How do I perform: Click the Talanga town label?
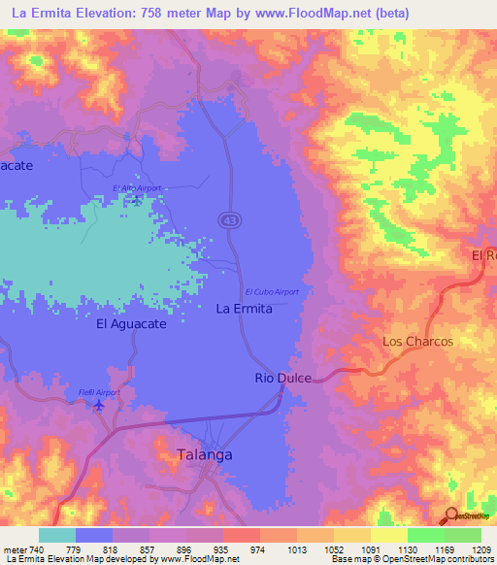205,453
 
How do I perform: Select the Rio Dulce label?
282,378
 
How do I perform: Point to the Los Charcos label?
417,342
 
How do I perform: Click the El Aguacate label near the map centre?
131,325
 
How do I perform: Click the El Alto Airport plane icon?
137,200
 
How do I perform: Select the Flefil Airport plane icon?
98,405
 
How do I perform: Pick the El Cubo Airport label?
272,291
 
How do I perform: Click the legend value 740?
37,548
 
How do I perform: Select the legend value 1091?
370,548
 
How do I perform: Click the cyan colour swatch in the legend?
56,535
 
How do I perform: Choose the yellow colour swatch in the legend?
388,535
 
